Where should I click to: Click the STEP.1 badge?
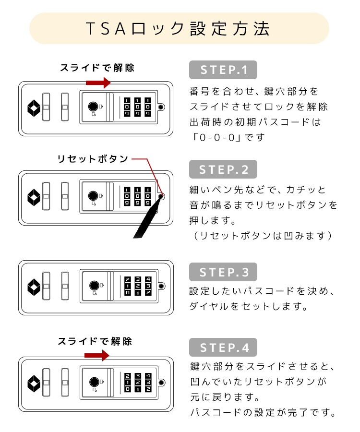[223, 70]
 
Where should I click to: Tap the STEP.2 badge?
[223, 169]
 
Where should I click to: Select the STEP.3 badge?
[223, 272]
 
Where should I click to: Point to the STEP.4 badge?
[223, 348]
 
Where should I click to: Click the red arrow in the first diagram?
[98, 83]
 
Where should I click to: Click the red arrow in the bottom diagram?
[97, 355]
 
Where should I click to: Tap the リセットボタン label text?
[93, 159]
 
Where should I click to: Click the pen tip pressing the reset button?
[161, 197]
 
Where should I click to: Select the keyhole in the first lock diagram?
[93, 107]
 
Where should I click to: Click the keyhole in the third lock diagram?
[94, 286]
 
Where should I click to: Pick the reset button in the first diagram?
[161, 107]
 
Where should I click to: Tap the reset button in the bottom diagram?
[161, 383]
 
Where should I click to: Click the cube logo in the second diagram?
[34, 197]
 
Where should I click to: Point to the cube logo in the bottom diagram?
[34, 383]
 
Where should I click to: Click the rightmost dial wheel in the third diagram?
[148, 286]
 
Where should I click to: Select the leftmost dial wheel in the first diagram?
[127, 107]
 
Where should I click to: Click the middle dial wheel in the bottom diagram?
[138, 383]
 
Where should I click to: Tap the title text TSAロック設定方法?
[178, 29]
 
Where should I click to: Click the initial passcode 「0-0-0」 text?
[217, 137]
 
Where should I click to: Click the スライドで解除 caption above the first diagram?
[97, 68]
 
